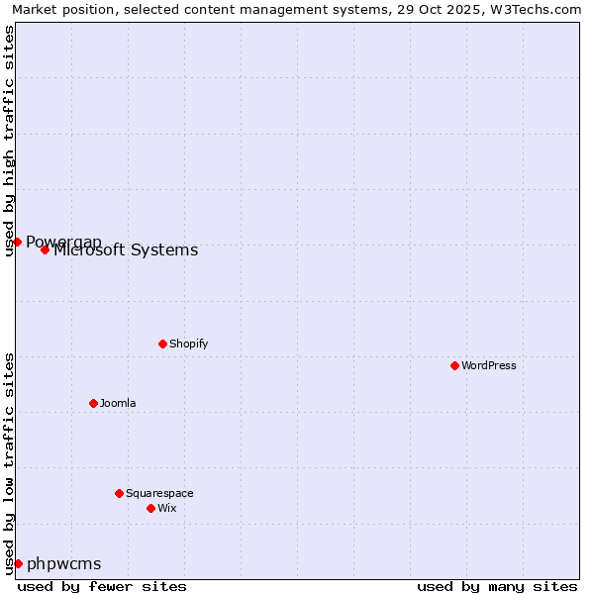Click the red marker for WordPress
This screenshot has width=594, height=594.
454,365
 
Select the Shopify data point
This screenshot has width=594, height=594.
162,344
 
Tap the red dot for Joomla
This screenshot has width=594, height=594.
93,403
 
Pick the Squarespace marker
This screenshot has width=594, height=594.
119,493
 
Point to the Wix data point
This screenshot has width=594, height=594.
150,508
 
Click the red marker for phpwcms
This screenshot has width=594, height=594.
18,563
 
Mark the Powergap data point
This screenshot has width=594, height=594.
17,242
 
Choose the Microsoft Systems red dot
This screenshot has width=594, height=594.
45,249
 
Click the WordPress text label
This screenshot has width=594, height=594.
489,365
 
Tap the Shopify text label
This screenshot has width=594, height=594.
188,344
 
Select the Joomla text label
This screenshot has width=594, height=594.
118,403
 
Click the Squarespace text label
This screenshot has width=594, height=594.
159,493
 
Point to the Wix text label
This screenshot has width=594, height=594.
166,508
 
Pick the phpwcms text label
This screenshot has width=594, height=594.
64,563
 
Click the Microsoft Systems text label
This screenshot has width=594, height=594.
126,250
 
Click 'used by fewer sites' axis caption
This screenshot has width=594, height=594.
102,586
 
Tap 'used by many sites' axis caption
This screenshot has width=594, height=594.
497,586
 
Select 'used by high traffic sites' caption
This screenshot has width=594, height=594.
9,141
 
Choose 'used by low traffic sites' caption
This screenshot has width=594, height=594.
9,463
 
